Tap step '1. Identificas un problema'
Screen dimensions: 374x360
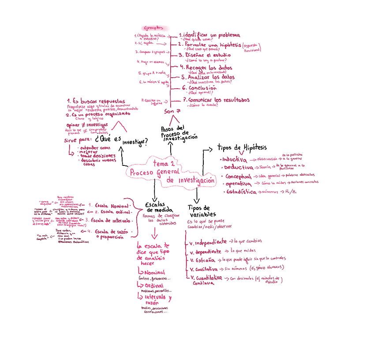point(209,35)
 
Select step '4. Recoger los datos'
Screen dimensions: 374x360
point(206,67)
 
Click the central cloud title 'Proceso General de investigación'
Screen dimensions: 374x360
point(172,172)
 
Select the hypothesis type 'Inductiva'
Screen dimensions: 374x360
point(235,159)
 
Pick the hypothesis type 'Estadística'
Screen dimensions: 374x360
point(241,192)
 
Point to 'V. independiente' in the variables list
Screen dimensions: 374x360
point(208,242)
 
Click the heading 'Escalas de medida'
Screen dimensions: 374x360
point(159,207)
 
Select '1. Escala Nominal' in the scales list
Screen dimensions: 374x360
point(108,205)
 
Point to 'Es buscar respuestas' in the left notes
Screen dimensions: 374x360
point(96,101)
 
